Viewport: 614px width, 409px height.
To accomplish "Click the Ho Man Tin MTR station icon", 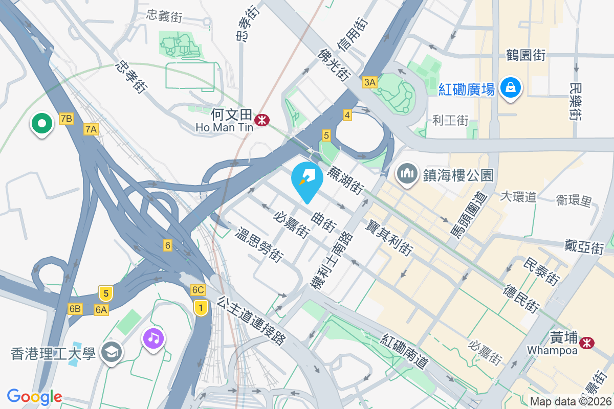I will (261, 120).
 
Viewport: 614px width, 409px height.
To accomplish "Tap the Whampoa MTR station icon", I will (587, 343).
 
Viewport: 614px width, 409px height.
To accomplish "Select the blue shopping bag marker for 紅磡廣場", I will (510, 87).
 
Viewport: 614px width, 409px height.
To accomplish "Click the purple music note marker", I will (154, 338).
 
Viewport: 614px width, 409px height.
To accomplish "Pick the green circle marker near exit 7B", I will (42, 123).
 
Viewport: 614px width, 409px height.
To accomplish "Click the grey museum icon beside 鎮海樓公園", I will (407, 174).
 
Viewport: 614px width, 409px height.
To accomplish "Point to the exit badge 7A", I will (91, 130).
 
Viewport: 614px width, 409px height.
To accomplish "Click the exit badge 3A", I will (369, 82).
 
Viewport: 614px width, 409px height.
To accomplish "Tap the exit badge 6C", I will (198, 290).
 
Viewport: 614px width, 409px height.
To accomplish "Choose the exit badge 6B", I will (75, 308).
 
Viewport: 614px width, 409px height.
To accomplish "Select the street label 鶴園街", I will (525, 55).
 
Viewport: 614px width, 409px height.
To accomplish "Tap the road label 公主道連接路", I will (251, 321).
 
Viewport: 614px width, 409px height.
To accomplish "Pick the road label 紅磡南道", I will (404, 351).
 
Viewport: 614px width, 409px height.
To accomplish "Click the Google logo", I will (34, 397).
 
